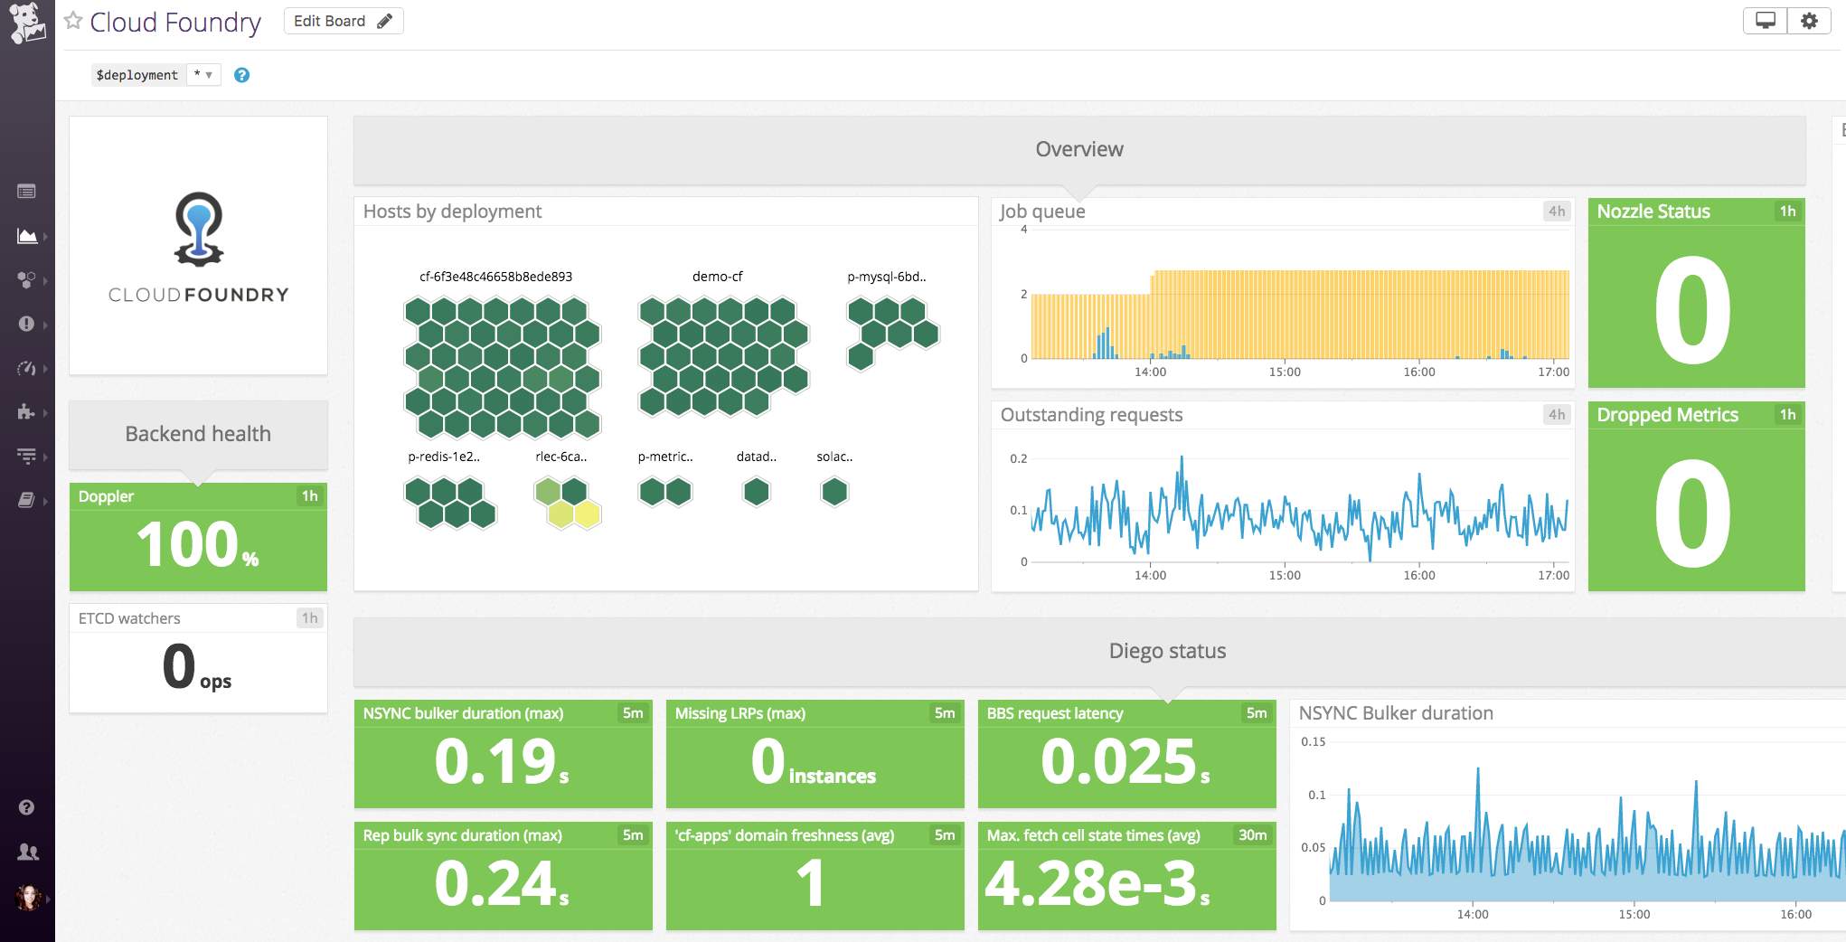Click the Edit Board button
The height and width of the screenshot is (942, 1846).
343,21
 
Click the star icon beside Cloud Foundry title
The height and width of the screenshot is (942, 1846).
74,21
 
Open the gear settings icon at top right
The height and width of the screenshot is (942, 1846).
1808,21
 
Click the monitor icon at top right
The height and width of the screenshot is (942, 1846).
1765,21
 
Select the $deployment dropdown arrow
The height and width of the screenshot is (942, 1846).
209,75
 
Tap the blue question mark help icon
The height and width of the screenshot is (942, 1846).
241,75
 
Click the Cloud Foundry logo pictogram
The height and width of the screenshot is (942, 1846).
198,229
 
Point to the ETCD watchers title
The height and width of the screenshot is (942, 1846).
129,618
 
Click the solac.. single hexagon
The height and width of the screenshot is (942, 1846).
834,492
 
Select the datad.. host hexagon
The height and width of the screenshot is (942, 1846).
756,492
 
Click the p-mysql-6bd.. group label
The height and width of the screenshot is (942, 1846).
886,277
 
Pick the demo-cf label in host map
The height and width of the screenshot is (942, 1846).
717,277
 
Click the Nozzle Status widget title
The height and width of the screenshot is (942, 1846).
1653,212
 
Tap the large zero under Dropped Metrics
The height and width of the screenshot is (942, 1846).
1692,513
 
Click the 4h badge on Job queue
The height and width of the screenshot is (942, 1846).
1556,212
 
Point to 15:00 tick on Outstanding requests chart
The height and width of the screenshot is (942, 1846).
1285,575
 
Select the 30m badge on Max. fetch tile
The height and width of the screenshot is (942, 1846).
1252,835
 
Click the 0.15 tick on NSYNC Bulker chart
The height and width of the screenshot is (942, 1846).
1313,741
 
